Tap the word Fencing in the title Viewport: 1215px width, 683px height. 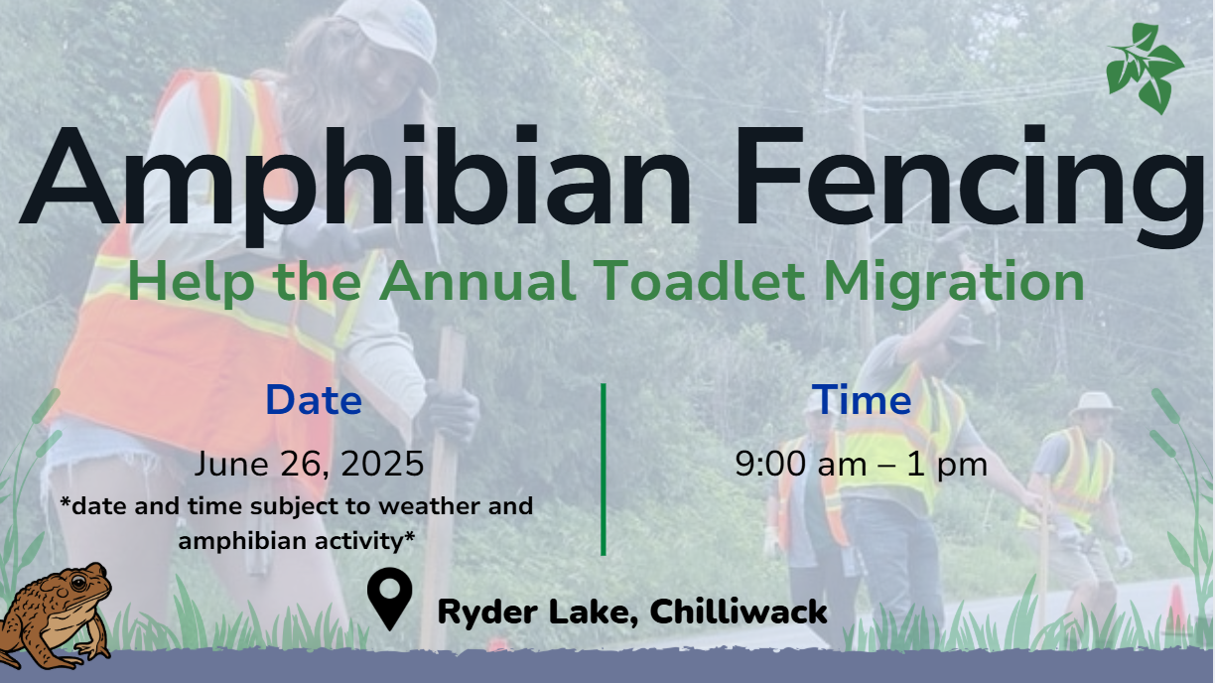coord(968,185)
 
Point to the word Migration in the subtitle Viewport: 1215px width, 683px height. coord(955,283)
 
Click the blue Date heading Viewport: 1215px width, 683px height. coord(314,400)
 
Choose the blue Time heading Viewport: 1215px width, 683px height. coord(862,400)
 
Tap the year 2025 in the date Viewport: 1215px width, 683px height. coord(382,464)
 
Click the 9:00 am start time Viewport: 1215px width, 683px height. coord(803,464)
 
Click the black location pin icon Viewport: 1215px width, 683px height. coord(389,598)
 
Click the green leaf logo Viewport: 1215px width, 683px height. coord(1145,68)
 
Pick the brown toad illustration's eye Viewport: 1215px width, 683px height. coord(78,583)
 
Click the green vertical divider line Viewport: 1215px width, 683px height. coord(604,470)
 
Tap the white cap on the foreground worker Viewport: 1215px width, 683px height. coord(393,33)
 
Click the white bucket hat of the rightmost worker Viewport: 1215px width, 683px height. coord(1094,404)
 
